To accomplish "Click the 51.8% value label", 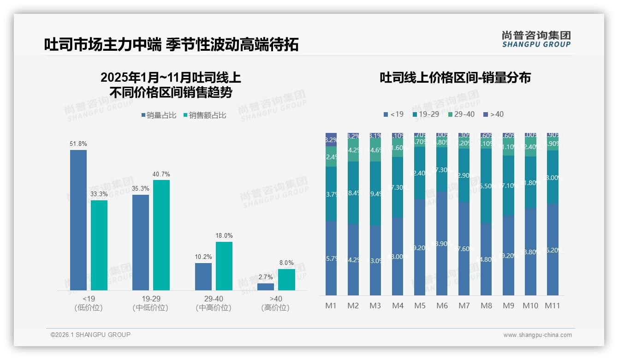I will point(78,144).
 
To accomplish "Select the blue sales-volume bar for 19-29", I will point(141,242).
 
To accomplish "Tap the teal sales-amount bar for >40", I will point(286,280).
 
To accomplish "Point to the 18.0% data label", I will point(224,236).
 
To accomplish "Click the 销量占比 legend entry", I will point(159,115).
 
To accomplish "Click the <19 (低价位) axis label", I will point(88,303).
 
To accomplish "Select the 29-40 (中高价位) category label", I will point(213,303).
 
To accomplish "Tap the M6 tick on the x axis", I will point(442,306).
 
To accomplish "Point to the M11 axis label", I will point(553,306).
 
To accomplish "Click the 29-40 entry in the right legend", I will point(461,114).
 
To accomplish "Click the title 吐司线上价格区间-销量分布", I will point(455,78).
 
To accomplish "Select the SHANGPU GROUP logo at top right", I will point(536,39).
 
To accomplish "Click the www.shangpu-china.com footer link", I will point(537,335).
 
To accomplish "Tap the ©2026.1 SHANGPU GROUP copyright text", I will point(90,335).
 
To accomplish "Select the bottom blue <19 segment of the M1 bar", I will point(331,258).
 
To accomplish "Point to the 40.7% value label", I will point(161,174).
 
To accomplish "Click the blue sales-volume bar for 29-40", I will point(203,276).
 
